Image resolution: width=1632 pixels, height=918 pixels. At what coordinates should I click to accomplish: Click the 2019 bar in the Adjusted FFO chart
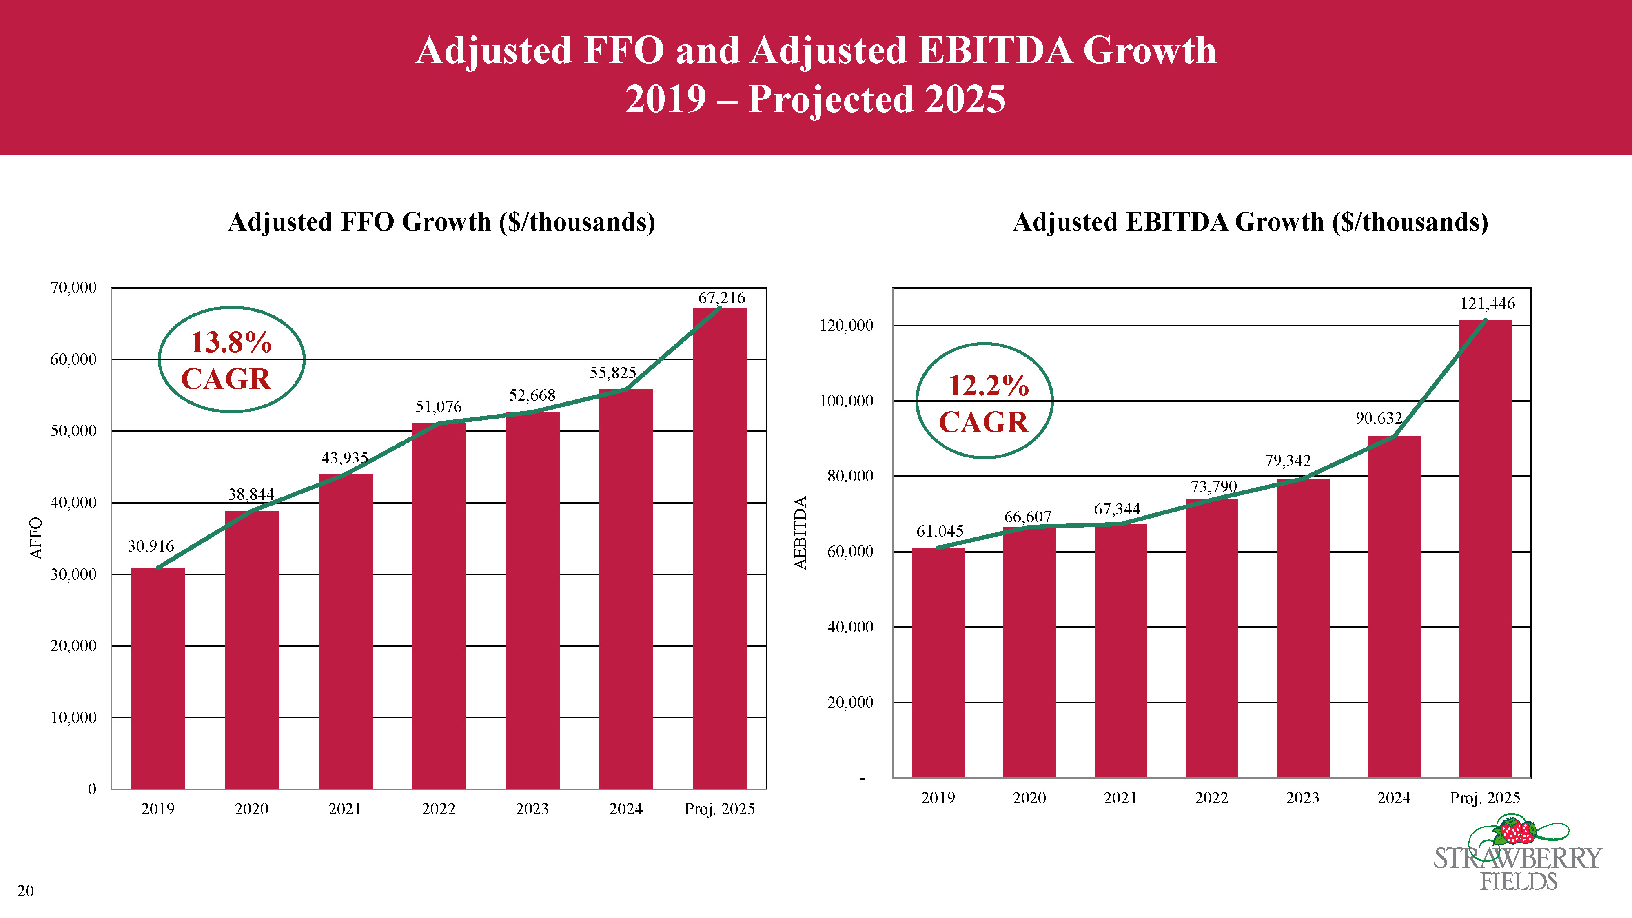(x=158, y=678)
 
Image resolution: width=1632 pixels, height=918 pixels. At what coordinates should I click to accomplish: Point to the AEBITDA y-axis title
(x=801, y=532)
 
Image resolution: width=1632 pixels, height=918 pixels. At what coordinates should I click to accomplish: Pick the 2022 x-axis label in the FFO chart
(x=439, y=809)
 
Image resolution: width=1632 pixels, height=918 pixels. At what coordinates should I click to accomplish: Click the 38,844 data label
(x=251, y=494)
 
